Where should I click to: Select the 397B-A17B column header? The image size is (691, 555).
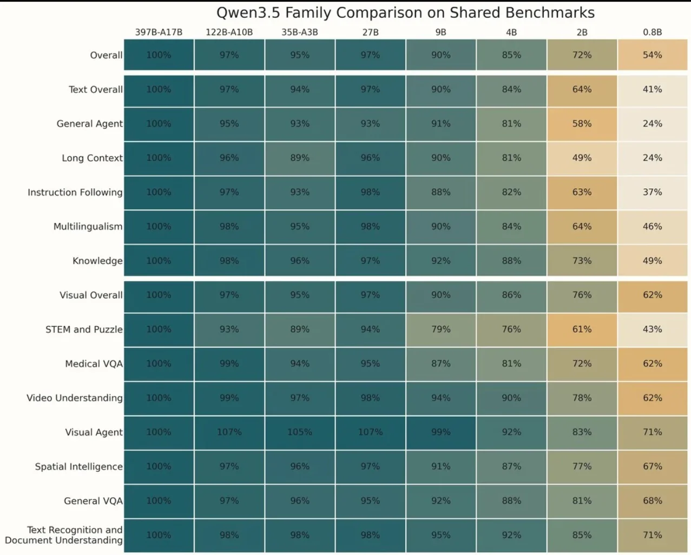coord(159,32)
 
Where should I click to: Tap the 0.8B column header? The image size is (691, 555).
coord(653,32)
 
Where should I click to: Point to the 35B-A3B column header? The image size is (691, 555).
coord(300,32)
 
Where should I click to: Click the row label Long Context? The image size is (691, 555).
coord(92,158)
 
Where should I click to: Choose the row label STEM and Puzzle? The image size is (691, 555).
coord(84,329)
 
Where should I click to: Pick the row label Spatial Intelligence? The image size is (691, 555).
coord(79,466)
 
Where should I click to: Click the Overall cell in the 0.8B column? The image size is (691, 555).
coord(653,55)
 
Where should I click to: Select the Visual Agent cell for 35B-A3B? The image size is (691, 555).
coord(300,432)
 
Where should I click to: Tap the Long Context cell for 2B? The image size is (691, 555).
coord(582,158)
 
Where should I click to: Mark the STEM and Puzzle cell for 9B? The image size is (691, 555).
coord(441,329)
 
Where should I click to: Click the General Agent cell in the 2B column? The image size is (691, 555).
coord(582,123)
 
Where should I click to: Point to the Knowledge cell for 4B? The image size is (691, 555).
coord(511,261)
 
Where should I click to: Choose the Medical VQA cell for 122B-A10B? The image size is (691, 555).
coord(229,364)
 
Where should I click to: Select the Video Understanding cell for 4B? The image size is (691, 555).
coord(511,398)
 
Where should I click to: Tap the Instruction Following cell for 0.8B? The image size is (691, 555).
coord(653,192)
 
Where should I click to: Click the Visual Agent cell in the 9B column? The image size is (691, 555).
coord(441,432)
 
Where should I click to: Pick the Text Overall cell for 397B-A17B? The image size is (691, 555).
coord(159,90)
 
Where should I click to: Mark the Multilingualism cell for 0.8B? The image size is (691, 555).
coord(653,227)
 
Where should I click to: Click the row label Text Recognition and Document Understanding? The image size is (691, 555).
coord(64,535)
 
